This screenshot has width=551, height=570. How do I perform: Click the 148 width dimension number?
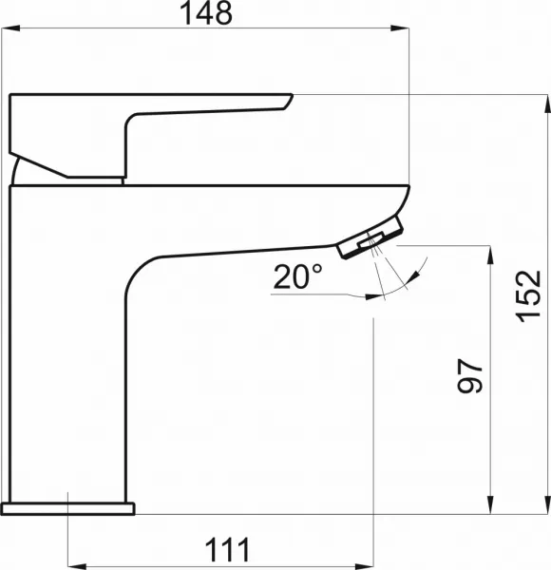tap(206, 13)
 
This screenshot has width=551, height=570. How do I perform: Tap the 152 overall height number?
tap(528, 296)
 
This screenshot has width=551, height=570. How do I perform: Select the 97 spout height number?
tap(470, 376)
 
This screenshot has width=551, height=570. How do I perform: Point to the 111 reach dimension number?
tap(227, 550)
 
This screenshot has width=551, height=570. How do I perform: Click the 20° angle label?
tap(297, 276)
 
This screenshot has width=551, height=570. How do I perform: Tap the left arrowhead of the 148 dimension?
tap(10, 28)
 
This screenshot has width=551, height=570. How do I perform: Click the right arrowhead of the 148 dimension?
tap(400, 28)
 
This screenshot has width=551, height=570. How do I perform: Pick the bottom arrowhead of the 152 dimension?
tap(546, 505)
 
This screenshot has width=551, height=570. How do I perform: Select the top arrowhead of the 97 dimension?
tap(490, 255)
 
